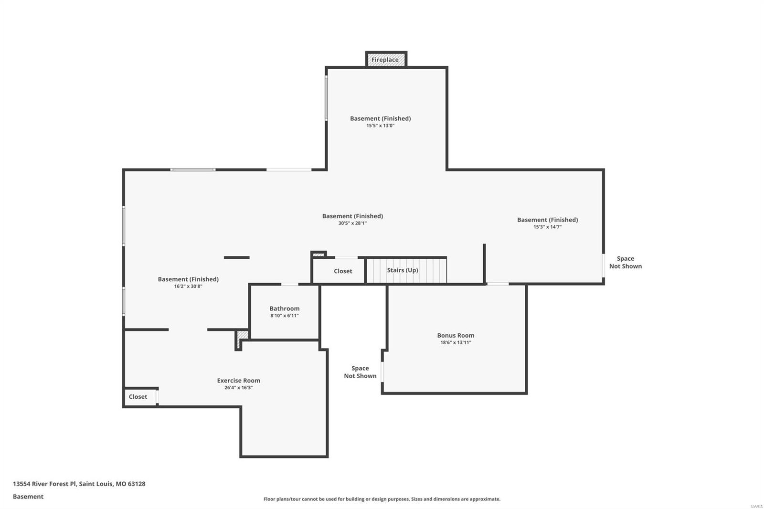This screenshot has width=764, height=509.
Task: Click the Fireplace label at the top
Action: [385, 60]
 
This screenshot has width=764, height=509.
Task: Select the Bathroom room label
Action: [285, 308]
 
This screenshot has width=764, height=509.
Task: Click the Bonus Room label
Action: [456, 335]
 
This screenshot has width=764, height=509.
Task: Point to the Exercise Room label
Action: [238, 381]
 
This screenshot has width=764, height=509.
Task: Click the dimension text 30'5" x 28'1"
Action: [352, 223]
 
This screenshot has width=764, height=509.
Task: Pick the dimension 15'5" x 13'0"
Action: [380, 126]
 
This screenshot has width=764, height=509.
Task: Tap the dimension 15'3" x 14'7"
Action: [547, 227]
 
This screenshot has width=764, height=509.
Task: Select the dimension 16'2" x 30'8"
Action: [188, 286]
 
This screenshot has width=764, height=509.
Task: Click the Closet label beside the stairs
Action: [343, 271]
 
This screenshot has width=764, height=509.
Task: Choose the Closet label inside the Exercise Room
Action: [138, 397]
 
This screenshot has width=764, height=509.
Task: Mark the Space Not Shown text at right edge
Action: [625, 262]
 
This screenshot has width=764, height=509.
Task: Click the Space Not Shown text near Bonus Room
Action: [360, 372]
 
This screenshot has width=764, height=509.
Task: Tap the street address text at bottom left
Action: [79, 484]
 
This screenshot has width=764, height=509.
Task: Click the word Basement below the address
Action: [28, 497]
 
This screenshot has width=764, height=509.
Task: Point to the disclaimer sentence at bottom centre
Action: [382, 499]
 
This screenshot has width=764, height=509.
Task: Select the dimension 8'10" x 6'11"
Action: [285, 316]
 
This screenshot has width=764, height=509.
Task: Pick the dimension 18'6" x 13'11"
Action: [456, 342]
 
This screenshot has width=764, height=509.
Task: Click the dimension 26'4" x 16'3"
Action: [238, 388]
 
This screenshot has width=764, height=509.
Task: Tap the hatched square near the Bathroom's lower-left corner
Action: [243, 335]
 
